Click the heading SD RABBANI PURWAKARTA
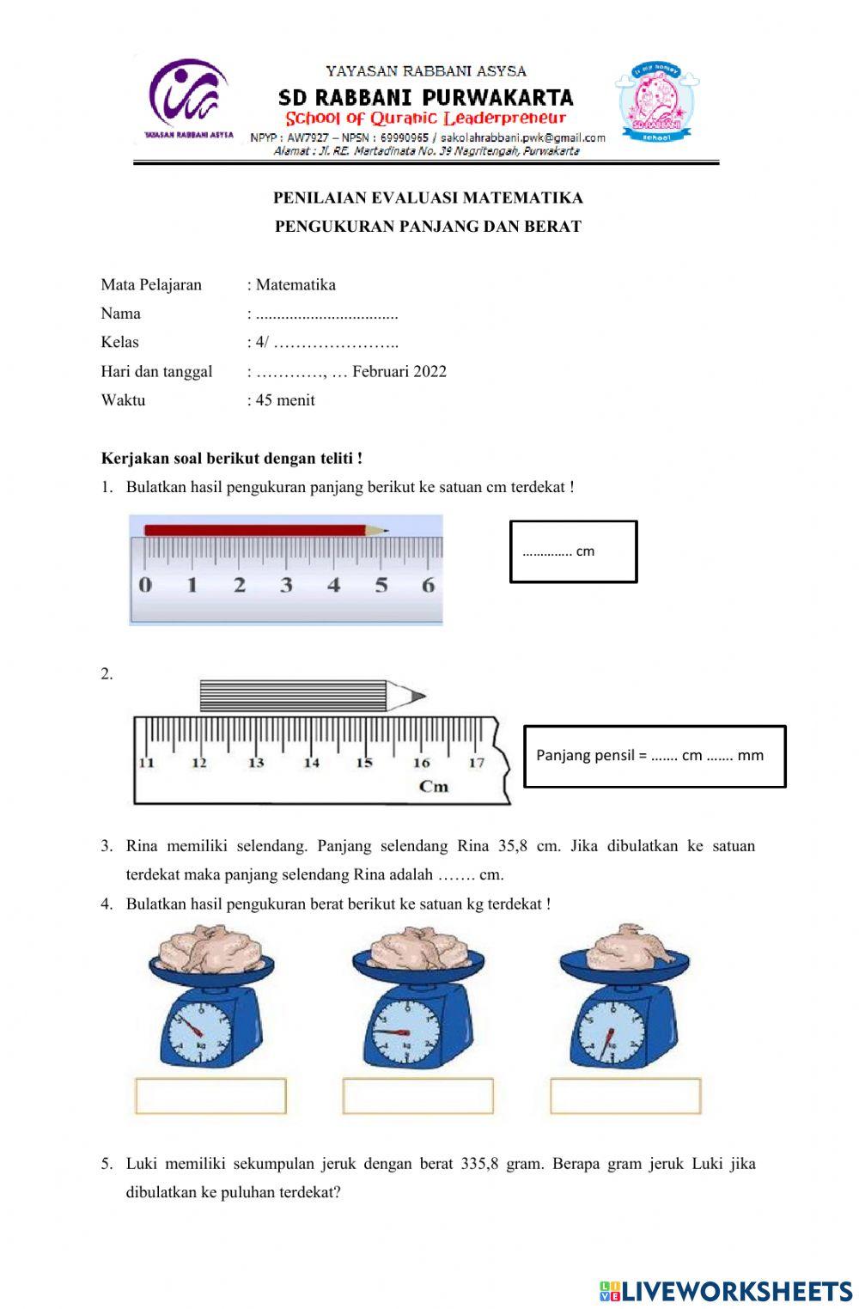[426, 97]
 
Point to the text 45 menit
[285, 400]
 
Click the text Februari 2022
[399, 371]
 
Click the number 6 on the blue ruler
[428, 586]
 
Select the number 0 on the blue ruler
[144, 586]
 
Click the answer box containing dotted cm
[573, 551]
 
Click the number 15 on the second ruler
[364, 763]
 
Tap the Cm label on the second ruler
[434, 786]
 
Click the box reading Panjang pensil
[655, 756]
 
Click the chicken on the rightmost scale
[625, 947]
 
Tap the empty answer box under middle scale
[418, 1096]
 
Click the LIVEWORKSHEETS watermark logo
[726, 1291]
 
